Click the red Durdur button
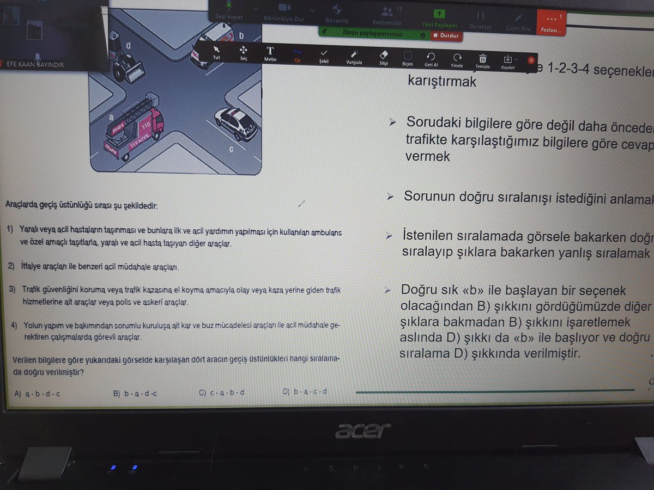446,36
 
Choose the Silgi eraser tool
384,57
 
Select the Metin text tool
270,54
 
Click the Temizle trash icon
483,59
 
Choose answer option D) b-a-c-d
305,391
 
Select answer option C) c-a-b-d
222,393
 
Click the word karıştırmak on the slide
442,82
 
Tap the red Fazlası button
550,23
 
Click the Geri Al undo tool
431,59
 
